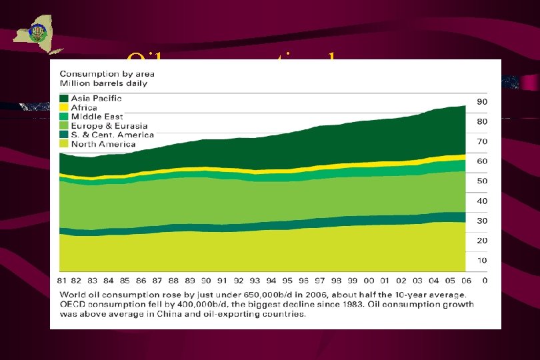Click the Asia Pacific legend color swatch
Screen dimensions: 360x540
coord(64,99)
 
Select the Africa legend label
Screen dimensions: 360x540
coord(85,107)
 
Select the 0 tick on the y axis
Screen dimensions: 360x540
coord(485,281)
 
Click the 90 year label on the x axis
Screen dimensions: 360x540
coord(206,281)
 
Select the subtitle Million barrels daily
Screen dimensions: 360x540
coord(103,83)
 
